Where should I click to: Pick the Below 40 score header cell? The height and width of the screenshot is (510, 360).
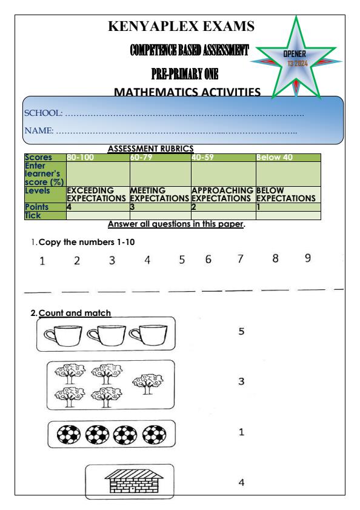(275, 158)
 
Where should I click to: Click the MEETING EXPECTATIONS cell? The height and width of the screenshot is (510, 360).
(159, 194)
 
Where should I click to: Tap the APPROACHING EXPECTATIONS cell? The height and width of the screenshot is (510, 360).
(222, 194)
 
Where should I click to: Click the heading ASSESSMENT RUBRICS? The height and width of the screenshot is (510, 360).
(150, 148)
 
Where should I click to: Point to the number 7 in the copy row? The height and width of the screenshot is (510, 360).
(240, 260)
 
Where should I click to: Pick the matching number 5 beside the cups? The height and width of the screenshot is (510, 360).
(241, 332)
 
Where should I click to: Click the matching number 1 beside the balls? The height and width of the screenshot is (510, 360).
(241, 433)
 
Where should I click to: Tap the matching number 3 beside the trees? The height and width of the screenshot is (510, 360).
(241, 381)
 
